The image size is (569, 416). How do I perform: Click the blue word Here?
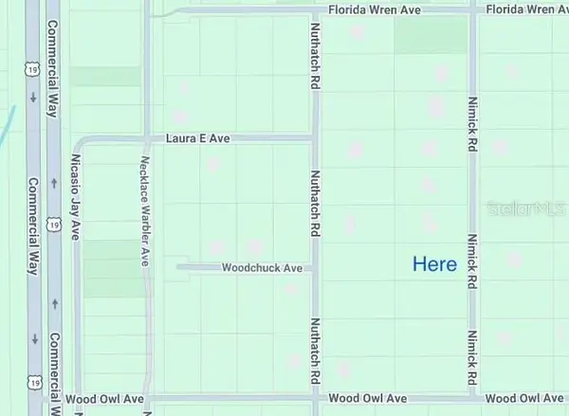tap(434, 264)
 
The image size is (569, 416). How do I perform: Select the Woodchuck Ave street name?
tap(262, 268)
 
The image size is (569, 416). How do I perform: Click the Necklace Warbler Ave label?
tap(145, 204)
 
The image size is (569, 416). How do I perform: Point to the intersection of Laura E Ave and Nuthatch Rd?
tap(314, 139)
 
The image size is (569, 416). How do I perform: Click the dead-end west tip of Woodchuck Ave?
tap(178, 268)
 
